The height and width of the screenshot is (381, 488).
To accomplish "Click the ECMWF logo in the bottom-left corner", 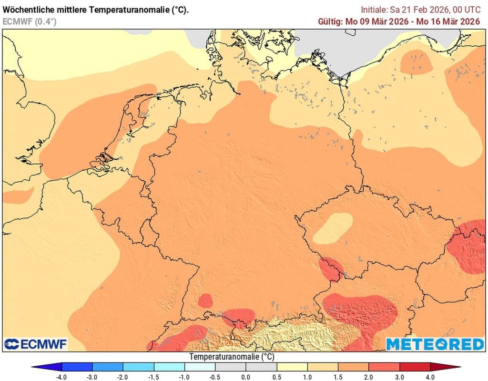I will tap(36, 344).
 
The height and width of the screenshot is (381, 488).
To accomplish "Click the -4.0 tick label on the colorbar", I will tap(61, 377).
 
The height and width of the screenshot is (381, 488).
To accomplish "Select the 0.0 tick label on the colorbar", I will tap(246, 377).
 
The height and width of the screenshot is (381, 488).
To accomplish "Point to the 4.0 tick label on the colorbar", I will tap(430, 377).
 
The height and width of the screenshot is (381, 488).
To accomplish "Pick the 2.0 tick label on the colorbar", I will tap(369, 377).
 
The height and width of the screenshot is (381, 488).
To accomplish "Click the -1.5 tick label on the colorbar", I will tap(154, 377).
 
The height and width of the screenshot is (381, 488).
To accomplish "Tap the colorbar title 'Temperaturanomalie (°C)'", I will tap(232, 357).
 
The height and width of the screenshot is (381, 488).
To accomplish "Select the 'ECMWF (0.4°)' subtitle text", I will tap(29, 21).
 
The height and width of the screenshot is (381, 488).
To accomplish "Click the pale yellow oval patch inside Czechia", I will tap(333, 227).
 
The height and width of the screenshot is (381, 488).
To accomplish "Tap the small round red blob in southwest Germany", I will tap(205, 300).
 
